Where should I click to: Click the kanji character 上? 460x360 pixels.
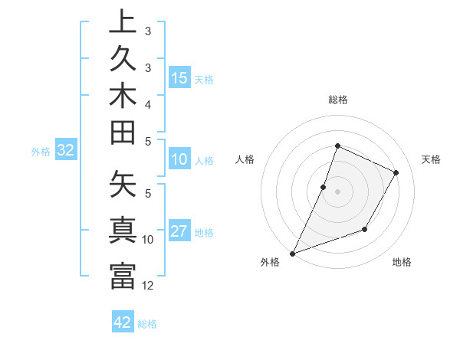pyautogui.click(x=123, y=22)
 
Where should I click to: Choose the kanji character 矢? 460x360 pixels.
pyautogui.click(x=123, y=185)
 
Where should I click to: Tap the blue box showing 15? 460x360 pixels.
pyautogui.click(x=179, y=77)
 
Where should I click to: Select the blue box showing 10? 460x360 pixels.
pyautogui.click(x=179, y=159)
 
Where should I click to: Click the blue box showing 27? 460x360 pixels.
pyautogui.click(x=179, y=231)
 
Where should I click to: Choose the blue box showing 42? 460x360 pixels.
pyautogui.click(x=123, y=322)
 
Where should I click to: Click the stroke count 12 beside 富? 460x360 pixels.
pyautogui.click(x=148, y=286)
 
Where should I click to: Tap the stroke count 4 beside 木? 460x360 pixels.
pyautogui.click(x=148, y=103)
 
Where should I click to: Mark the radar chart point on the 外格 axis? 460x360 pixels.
pyautogui.click(x=292, y=254)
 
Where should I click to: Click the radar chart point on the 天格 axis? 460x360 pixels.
pyautogui.click(x=396, y=173)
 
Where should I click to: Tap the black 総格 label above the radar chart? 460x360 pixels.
pyautogui.click(x=337, y=100)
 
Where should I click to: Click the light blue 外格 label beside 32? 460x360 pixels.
pyautogui.click(x=41, y=151)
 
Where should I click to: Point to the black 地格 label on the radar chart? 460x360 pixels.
pyautogui.click(x=402, y=262)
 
